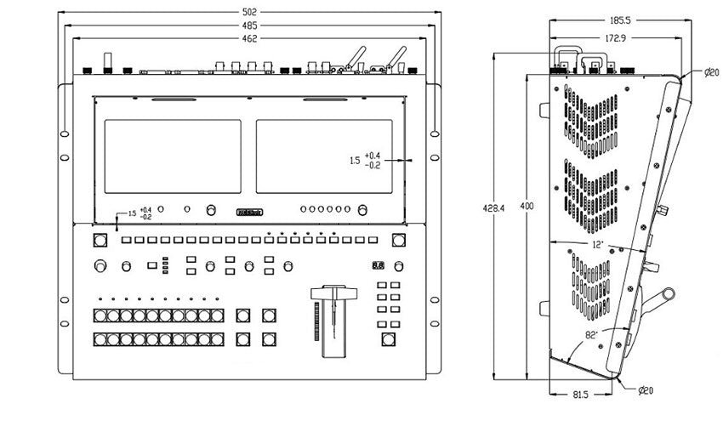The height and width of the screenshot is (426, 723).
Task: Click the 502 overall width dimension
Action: tap(249, 13)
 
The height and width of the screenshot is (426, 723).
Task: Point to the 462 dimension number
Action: tap(249, 40)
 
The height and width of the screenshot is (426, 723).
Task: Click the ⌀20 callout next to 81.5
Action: tap(647, 389)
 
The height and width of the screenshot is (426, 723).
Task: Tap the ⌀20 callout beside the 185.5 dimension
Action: tap(712, 73)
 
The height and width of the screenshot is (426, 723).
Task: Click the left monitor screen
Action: tap(172, 156)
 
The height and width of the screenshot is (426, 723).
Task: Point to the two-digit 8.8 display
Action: tap(378, 265)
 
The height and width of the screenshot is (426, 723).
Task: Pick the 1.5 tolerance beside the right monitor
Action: tap(364, 159)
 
